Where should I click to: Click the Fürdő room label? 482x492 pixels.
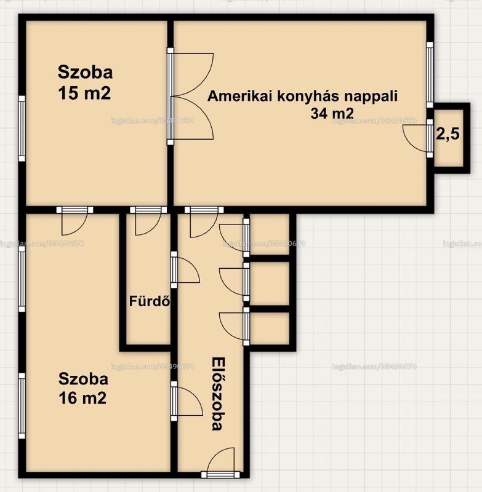pyautogui.click(x=150, y=301)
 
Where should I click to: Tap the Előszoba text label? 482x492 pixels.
pyautogui.click(x=218, y=394)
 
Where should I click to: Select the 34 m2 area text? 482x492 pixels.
pyautogui.click(x=332, y=113)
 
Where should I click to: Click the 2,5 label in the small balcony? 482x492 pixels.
pyautogui.click(x=448, y=134)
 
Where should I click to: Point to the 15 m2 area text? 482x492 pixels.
pyautogui.click(x=84, y=93)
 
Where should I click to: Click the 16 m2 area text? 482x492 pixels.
pyautogui.click(x=82, y=398)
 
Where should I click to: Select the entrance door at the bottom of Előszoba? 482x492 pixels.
pyautogui.click(x=221, y=463)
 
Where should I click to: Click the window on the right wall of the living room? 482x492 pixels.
pyautogui.click(x=430, y=74)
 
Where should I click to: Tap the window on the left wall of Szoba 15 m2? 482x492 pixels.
pyautogui.click(x=22, y=129)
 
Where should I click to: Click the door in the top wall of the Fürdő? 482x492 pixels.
pyautogui.click(x=148, y=221)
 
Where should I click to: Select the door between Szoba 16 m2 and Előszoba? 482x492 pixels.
pyautogui.click(x=187, y=401)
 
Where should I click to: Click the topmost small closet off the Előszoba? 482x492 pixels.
pyautogui.click(x=270, y=234)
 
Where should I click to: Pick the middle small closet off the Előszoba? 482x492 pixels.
pyautogui.click(x=270, y=284)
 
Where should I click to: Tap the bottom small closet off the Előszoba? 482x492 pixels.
pyautogui.click(x=270, y=328)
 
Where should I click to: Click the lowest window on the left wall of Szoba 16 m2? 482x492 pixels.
pyautogui.click(x=22, y=406)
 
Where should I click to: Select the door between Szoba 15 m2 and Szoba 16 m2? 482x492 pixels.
pyautogui.click(x=74, y=221)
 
